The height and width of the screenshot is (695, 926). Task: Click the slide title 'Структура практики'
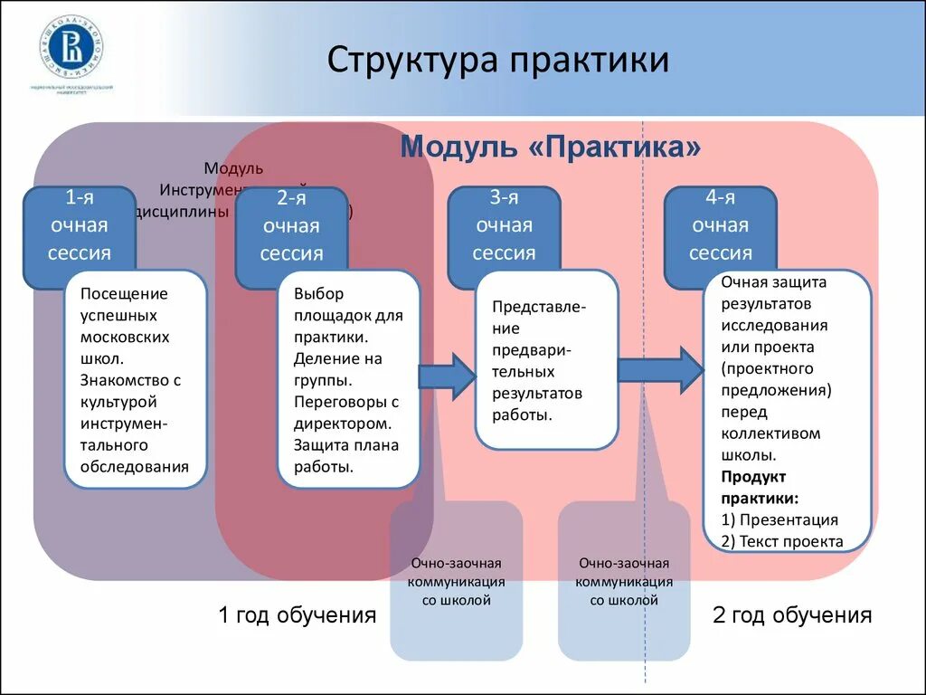point(498,61)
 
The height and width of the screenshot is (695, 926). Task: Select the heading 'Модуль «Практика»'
point(551,147)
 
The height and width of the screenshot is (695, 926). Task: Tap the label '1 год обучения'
point(297,616)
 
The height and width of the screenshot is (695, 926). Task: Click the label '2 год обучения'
point(792,616)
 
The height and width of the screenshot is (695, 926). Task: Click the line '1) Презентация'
point(780,519)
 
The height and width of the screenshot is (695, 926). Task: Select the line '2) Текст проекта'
point(782,541)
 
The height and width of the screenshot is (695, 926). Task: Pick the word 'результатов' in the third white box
point(537,394)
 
